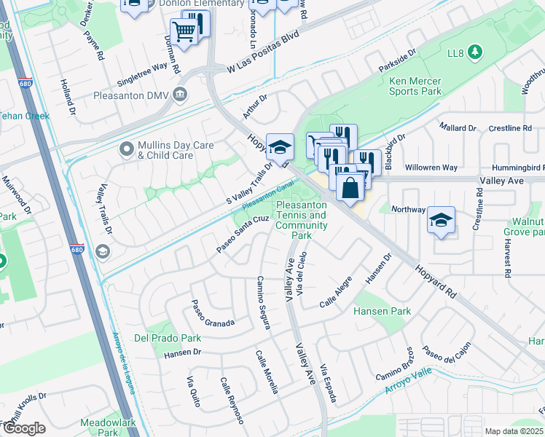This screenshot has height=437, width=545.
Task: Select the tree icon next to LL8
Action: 475,52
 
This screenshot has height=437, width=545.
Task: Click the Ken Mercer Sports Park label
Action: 415,87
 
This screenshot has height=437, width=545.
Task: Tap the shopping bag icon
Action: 350,186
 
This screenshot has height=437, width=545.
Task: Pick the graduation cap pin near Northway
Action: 441,221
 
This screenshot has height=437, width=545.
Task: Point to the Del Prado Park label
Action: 168,338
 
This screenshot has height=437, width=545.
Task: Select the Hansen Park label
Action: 382,311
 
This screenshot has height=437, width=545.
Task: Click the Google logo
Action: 24,428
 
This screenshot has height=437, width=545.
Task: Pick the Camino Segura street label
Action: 263,302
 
